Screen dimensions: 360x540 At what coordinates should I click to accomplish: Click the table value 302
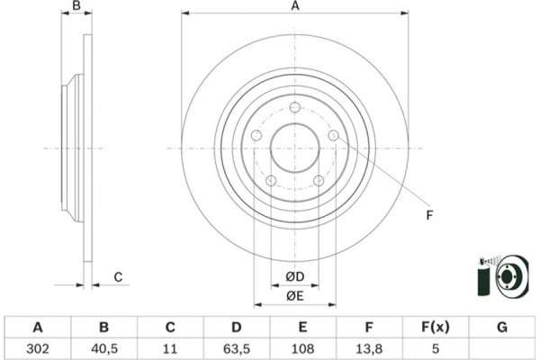(x=37, y=346)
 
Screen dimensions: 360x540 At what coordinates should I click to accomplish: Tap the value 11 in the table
(x=170, y=346)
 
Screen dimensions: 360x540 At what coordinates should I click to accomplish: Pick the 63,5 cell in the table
(x=237, y=346)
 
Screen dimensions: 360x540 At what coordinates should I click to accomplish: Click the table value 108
(x=303, y=346)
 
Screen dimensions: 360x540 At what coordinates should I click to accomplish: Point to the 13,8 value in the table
(x=370, y=346)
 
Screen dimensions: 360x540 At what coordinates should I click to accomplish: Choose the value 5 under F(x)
(x=436, y=346)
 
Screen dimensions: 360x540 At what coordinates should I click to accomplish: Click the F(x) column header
(x=436, y=326)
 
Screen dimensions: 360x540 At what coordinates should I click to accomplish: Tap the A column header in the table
(x=37, y=326)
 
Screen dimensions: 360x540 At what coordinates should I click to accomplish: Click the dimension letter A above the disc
(x=294, y=7)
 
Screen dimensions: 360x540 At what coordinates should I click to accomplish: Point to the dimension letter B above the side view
(x=77, y=7)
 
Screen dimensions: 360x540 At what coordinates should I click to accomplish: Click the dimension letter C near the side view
(x=118, y=277)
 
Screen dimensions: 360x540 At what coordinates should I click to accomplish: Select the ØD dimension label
(x=294, y=275)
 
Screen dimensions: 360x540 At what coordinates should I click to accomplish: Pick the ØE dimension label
(x=294, y=296)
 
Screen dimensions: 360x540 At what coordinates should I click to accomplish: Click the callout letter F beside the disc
(x=429, y=213)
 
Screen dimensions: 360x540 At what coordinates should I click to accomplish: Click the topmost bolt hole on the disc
(x=294, y=106)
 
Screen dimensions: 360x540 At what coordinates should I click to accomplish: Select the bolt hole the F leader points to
(x=334, y=135)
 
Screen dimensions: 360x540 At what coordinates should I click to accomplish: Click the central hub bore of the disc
(x=294, y=148)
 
